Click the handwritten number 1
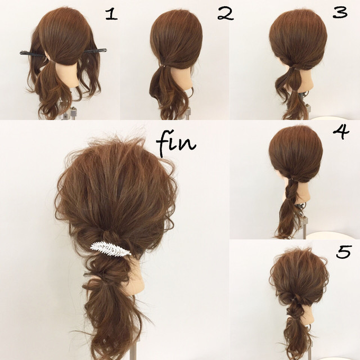click(111, 15)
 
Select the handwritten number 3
click(340, 13)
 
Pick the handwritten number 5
click(344, 252)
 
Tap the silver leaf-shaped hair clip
click(110, 249)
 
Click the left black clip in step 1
click(34, 55)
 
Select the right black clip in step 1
click(96, 50)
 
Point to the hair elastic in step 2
click(163, 66)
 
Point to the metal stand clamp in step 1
click(73, 112)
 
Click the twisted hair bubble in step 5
click(295, 310)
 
